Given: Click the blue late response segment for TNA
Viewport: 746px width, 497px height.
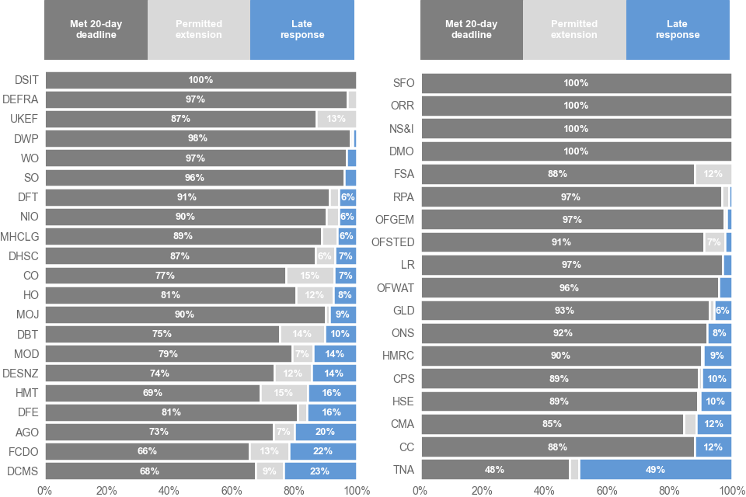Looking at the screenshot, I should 655,470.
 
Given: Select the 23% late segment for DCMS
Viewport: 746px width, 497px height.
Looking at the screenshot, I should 320,471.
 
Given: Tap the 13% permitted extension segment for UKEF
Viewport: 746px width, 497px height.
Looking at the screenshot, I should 336,119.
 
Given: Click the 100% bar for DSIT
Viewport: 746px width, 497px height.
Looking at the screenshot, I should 200,80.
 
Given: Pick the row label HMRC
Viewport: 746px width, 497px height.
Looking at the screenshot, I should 399,356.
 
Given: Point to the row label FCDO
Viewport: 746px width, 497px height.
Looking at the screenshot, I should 23,451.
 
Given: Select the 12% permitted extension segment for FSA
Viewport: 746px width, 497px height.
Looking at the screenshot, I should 713,174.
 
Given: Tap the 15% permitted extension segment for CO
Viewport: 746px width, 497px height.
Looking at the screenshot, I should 309,276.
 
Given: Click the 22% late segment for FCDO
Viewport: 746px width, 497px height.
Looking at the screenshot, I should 322,451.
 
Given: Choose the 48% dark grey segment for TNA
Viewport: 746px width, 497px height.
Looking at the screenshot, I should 495,470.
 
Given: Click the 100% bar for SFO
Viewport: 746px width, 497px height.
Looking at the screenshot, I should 576,83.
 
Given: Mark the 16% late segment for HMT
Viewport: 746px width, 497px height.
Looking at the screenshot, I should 332,393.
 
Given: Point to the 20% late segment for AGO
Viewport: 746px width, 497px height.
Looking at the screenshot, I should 326,432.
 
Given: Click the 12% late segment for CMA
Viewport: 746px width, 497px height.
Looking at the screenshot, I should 713,424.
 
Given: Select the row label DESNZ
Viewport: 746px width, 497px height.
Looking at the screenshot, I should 20,373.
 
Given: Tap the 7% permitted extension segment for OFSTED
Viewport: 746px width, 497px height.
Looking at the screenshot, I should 713,242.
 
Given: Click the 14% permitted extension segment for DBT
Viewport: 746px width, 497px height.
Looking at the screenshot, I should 302,334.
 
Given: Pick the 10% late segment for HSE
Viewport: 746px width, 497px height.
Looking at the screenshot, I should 716,401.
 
